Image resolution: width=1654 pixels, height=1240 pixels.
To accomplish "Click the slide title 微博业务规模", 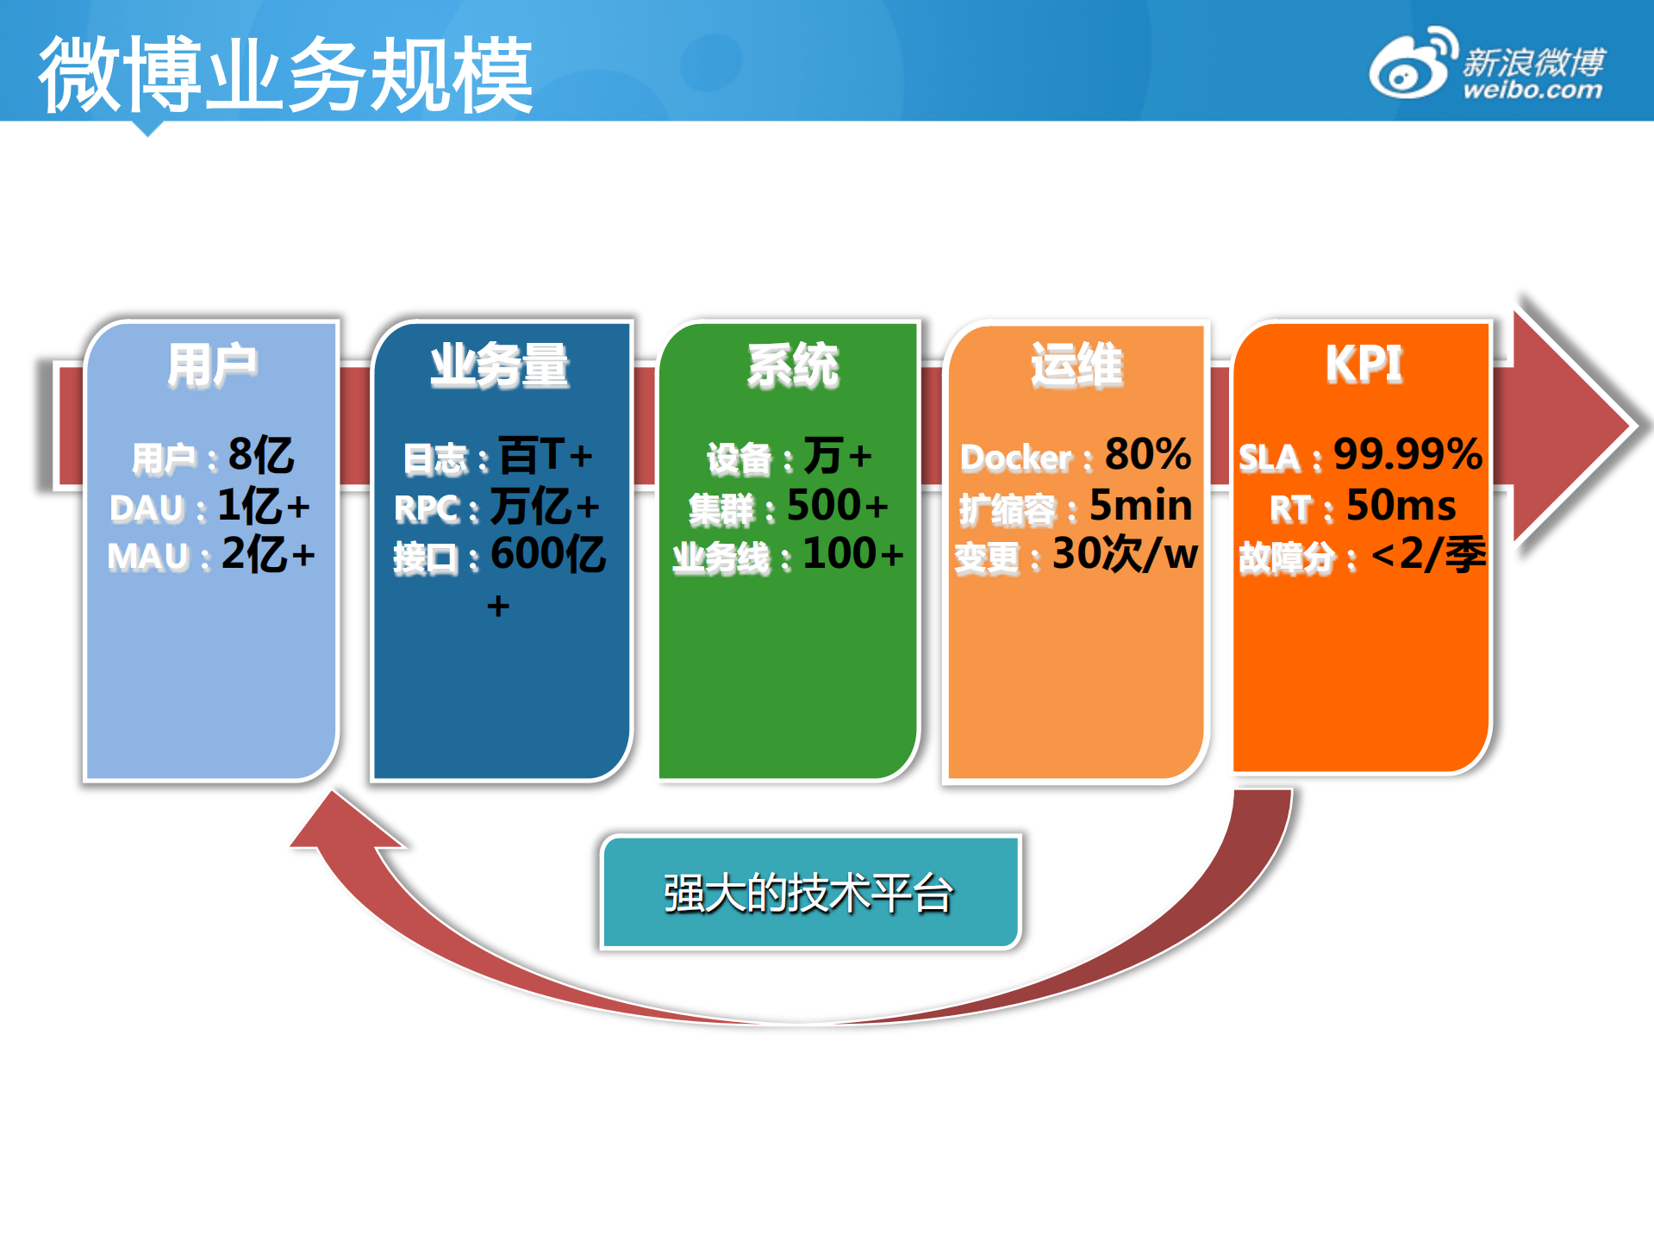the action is [285, 75].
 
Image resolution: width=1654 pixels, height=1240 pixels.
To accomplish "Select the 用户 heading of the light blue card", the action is [212, 365].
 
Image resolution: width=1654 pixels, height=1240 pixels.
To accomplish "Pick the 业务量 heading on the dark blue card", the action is [500, 365].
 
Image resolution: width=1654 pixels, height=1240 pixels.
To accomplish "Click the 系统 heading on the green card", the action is [793, 365].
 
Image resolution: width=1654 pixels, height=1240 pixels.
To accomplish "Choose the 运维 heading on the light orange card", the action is [1077, 365].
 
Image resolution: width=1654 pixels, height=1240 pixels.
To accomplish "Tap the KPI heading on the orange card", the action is [1364, 364].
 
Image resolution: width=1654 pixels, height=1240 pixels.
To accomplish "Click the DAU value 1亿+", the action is [264, 506].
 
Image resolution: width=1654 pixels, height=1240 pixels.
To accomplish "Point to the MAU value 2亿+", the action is [268, 554].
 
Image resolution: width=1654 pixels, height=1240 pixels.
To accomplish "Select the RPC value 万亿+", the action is [545, 506].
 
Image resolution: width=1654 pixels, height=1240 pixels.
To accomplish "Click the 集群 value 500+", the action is [838, 506].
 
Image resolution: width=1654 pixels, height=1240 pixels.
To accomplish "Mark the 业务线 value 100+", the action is [853, 554].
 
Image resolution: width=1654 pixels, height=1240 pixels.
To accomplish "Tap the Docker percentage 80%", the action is [1148, 454].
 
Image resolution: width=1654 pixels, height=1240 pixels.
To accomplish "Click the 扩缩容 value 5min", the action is [1141, 506].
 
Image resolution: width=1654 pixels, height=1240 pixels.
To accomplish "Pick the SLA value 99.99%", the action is [1408, 454].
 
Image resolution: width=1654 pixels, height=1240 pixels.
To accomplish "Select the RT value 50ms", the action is [1401, 506].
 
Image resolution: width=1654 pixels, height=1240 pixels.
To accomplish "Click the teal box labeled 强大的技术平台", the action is [810, 892].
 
